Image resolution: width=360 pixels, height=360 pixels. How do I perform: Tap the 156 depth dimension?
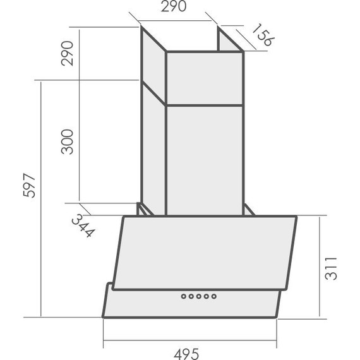pyautogui.click(x=261, y=36)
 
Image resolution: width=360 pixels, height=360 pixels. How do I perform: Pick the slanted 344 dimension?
pyautogui.click(x=83, y=225)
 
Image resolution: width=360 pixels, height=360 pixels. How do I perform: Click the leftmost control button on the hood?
pyautogui.click(x=183, y=296)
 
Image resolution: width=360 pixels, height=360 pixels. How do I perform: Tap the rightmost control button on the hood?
pyautogui.click(x=213, y=296)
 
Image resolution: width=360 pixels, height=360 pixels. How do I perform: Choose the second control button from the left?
pyautogui.click(x=191, y=296)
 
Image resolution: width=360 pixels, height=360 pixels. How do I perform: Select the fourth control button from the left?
pyautogui.click(x=206, y=296)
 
